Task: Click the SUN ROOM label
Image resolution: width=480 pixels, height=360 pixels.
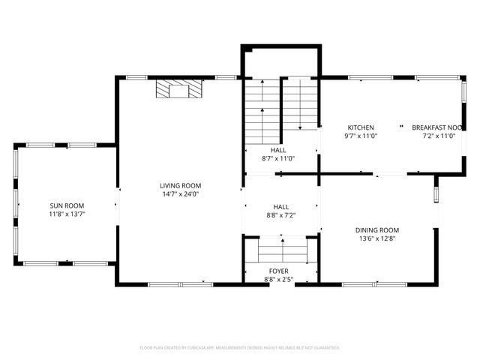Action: pyautogui.click(x=67, y=205)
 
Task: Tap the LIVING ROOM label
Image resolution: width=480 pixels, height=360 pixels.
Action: pyautogui.click(x=180, y=185)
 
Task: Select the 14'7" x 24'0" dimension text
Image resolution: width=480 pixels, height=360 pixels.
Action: pyautogui.click(x=180, y=194)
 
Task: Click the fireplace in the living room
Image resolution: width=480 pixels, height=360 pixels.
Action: pyautogui.click(x=179, y=91)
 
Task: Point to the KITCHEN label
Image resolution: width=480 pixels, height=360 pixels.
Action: pyautogui.click(x=360, y=127)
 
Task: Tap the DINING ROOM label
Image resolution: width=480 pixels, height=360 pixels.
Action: pyautogui.click(x=377, y=230)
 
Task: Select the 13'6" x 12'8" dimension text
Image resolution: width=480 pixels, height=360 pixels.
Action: pyautogui.click(x=377, y=239)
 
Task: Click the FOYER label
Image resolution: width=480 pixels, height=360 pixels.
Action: pyautogui.click(x=278, y=271)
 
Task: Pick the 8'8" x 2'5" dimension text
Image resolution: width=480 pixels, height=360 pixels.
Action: pyautogui.click(x=278, y=280)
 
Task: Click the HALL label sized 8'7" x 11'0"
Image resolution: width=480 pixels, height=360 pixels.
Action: pyautogui.click(x=278, y=149)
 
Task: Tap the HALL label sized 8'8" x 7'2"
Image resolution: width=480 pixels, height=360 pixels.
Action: pyautogui.click(x=280, y=206)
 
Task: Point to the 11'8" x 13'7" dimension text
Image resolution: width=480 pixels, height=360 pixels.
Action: pyautogui.click(x=67, y=214)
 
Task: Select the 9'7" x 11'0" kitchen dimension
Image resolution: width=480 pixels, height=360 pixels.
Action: pyautogui.click(x=360, y=136)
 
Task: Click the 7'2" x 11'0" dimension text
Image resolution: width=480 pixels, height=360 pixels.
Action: pyautogui.click(x=438, y=136)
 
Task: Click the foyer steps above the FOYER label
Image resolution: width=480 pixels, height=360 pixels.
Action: pyautogui.click(x=282, y=250)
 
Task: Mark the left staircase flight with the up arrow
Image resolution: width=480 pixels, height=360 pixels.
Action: pyautogui.click(x=263, y=112)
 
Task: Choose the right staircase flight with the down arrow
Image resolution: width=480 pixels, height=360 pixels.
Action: pyautogui.click(x=300, y=105)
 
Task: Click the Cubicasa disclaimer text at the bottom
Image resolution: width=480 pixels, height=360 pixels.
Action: pyautogui.click(x=240, y=348)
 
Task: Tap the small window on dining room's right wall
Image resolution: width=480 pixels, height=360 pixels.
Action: pyautogui.click(x=436, y=194)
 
